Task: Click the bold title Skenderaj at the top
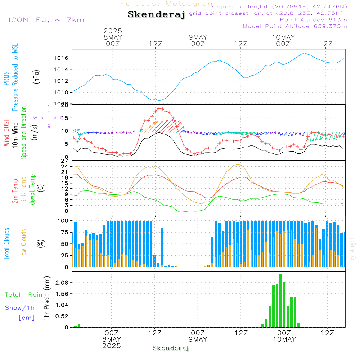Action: click(x=156, y=14)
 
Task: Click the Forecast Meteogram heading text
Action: click(x=168, y=4)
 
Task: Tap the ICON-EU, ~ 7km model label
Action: click(x=46, y=20)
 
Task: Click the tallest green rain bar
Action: click(x=280, y=301)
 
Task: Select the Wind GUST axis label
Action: click(x=7, y=133)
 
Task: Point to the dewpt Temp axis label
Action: click(x=33, y=190)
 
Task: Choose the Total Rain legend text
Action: click(x=24, y=295)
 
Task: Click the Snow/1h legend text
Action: click(x=20, y=308)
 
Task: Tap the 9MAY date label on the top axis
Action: click(x=198, y=37)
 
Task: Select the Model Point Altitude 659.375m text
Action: click(x=295, y=26)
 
